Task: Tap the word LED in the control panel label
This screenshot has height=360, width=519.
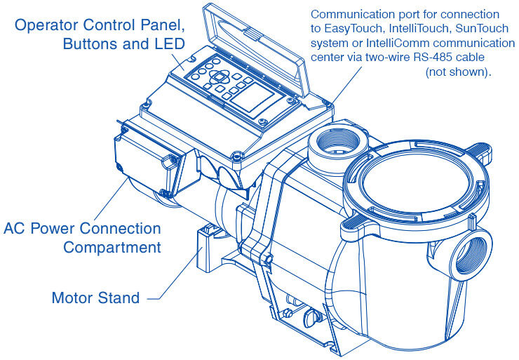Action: click(x=172, y=44)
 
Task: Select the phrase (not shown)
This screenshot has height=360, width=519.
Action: click(x=458, y=72)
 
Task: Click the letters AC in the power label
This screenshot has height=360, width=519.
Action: click(x=15, y=229)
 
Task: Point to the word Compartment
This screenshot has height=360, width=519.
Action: click(x=112, y=247)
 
